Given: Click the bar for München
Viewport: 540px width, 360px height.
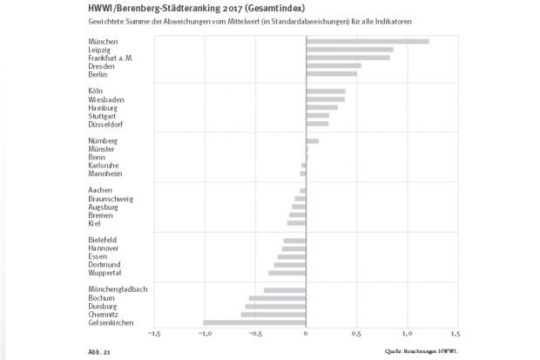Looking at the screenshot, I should click(x=367, y=41).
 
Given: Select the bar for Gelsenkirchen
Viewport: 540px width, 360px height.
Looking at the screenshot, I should click(x=254, y=323).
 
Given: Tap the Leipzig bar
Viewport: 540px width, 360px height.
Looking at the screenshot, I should click(x=349, y=50).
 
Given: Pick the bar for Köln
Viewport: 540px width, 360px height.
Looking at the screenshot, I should click(x=326, y=91).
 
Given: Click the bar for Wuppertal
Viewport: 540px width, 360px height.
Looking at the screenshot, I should click(x=287, y=273).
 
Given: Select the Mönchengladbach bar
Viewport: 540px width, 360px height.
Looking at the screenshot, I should click(x=285, y=289).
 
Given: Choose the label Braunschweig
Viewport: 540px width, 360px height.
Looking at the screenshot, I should click(x=111, y=198).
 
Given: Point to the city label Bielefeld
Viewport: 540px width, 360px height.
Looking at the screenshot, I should click(x=103, y=240).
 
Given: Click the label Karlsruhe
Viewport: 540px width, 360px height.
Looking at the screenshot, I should click(x=104, y=165).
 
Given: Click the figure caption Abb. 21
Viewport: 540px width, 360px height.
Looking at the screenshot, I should click(x=98, y=351).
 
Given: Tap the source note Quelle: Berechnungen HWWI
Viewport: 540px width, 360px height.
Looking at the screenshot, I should click(x=422, y=350).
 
